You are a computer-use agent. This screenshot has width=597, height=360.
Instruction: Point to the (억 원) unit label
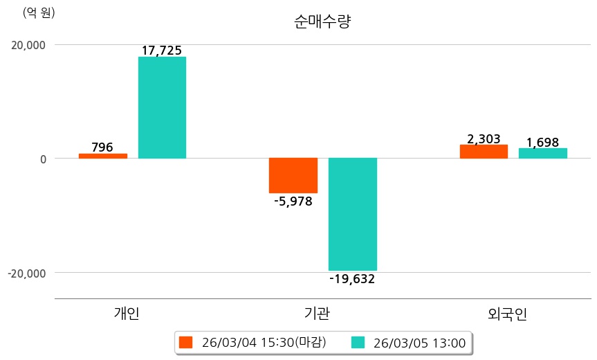coord(39,12)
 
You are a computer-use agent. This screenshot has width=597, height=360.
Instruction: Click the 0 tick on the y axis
coord(42,159)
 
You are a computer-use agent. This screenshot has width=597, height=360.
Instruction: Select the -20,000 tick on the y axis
coord(26,273)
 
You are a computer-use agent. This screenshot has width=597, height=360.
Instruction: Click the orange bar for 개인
coord(102,156)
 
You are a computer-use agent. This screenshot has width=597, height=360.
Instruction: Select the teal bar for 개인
coord(162,107)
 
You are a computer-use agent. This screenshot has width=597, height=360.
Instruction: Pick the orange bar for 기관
coord(293,175)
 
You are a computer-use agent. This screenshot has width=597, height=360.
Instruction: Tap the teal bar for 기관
coord(353,214)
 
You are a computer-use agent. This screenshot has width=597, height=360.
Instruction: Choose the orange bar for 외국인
coord(484,152)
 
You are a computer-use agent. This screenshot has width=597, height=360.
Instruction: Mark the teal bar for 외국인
coord(543,153)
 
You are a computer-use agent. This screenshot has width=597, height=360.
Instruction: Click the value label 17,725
coord(162,51)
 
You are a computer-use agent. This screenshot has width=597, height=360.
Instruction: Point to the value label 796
coord(102,147)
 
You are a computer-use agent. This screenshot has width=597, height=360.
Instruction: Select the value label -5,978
coord(293,201)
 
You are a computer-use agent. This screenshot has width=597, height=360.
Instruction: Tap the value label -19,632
coord(353,279)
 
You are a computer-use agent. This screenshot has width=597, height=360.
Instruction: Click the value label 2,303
coord(484,139)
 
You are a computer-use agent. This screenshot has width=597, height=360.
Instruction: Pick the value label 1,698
coord(543,143)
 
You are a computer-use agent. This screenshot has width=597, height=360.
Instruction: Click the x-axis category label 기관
coord(318,313)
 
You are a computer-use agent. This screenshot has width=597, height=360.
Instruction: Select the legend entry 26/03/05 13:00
coord(410,342)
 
